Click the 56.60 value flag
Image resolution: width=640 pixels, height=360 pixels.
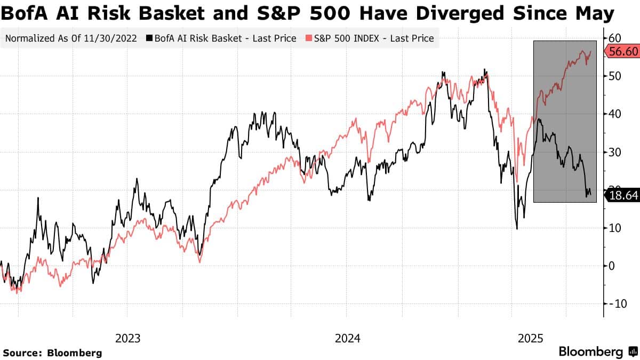[622, 51]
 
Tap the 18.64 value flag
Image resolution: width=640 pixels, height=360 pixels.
[622, 196]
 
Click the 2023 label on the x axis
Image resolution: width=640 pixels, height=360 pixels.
[128, 338]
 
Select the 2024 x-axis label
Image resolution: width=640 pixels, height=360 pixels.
[347, 338]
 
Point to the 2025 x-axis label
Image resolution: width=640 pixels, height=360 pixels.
[531, 338]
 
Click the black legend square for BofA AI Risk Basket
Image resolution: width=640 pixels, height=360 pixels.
[150, 38]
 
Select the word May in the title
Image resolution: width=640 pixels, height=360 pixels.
[597, 13]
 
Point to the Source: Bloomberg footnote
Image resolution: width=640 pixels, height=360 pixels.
[52, 353]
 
